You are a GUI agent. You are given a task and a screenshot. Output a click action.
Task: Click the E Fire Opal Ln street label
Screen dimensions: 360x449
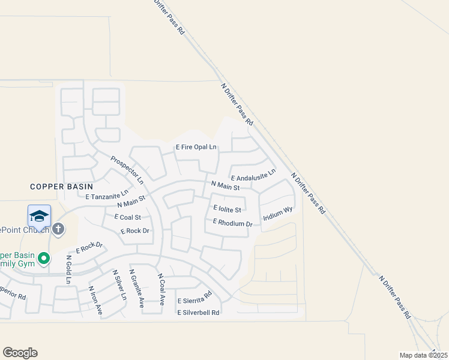tap(196, 147)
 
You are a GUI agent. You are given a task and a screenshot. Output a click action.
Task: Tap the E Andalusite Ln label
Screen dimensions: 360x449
tap(253, 175)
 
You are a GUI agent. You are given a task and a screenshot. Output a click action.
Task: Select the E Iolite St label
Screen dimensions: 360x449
tap(227, 209)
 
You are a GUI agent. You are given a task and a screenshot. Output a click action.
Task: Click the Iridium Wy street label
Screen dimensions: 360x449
tap(277, 215)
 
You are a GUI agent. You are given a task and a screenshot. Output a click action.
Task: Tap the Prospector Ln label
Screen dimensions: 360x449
tap(127, 170)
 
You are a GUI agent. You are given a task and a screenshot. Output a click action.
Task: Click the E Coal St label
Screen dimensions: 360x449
tap(123, 217)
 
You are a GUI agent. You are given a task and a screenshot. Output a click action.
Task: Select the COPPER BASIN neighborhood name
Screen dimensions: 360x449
tap(55, 187)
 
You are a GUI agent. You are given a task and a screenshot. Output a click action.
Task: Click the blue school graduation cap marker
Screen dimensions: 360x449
tap(39, 217)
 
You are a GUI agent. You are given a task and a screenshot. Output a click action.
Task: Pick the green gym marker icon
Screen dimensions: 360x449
tap(43, 259)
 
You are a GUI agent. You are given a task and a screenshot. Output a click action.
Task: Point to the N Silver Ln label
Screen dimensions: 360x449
tap(120, 284)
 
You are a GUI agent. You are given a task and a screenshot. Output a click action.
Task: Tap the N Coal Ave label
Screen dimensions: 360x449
tap(161, 290)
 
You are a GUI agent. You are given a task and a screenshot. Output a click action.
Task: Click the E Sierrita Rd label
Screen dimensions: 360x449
tap(194, 298)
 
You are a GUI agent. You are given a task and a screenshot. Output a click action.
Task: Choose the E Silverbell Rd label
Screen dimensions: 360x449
tap(198, 312)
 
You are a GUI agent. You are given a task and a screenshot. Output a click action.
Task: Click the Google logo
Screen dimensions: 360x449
tap(20, 353)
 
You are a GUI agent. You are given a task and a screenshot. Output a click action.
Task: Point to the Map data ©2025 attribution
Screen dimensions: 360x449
tap(423, 355)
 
